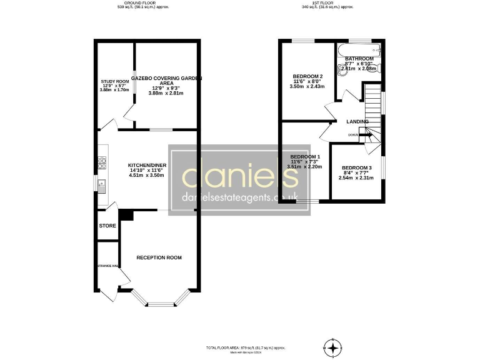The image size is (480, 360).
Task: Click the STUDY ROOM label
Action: (x=115, y=81)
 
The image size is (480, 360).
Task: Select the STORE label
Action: (x=107, y=226)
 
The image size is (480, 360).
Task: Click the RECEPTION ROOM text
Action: (x=159, y=257)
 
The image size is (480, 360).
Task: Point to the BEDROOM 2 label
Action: (x=307, y=76)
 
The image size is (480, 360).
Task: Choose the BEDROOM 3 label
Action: (x=356, y=168)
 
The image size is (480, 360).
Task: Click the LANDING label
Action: (x=358, y=121)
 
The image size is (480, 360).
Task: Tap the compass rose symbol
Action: (x=334, y=347)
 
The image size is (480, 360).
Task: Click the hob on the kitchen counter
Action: (x=101, y=164)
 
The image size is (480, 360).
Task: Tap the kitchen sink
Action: (x=101, y=184)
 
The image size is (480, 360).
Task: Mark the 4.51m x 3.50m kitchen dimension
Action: (x=146, y=176)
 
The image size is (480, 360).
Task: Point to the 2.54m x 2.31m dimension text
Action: (x=356, y=178)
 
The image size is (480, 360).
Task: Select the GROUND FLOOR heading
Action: (x=143, y=3)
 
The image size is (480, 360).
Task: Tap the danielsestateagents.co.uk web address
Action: (x=239, y=197)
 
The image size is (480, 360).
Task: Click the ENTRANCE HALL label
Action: (x=107, y=266)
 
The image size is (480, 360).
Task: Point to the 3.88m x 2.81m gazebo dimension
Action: (x=161, y=94)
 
